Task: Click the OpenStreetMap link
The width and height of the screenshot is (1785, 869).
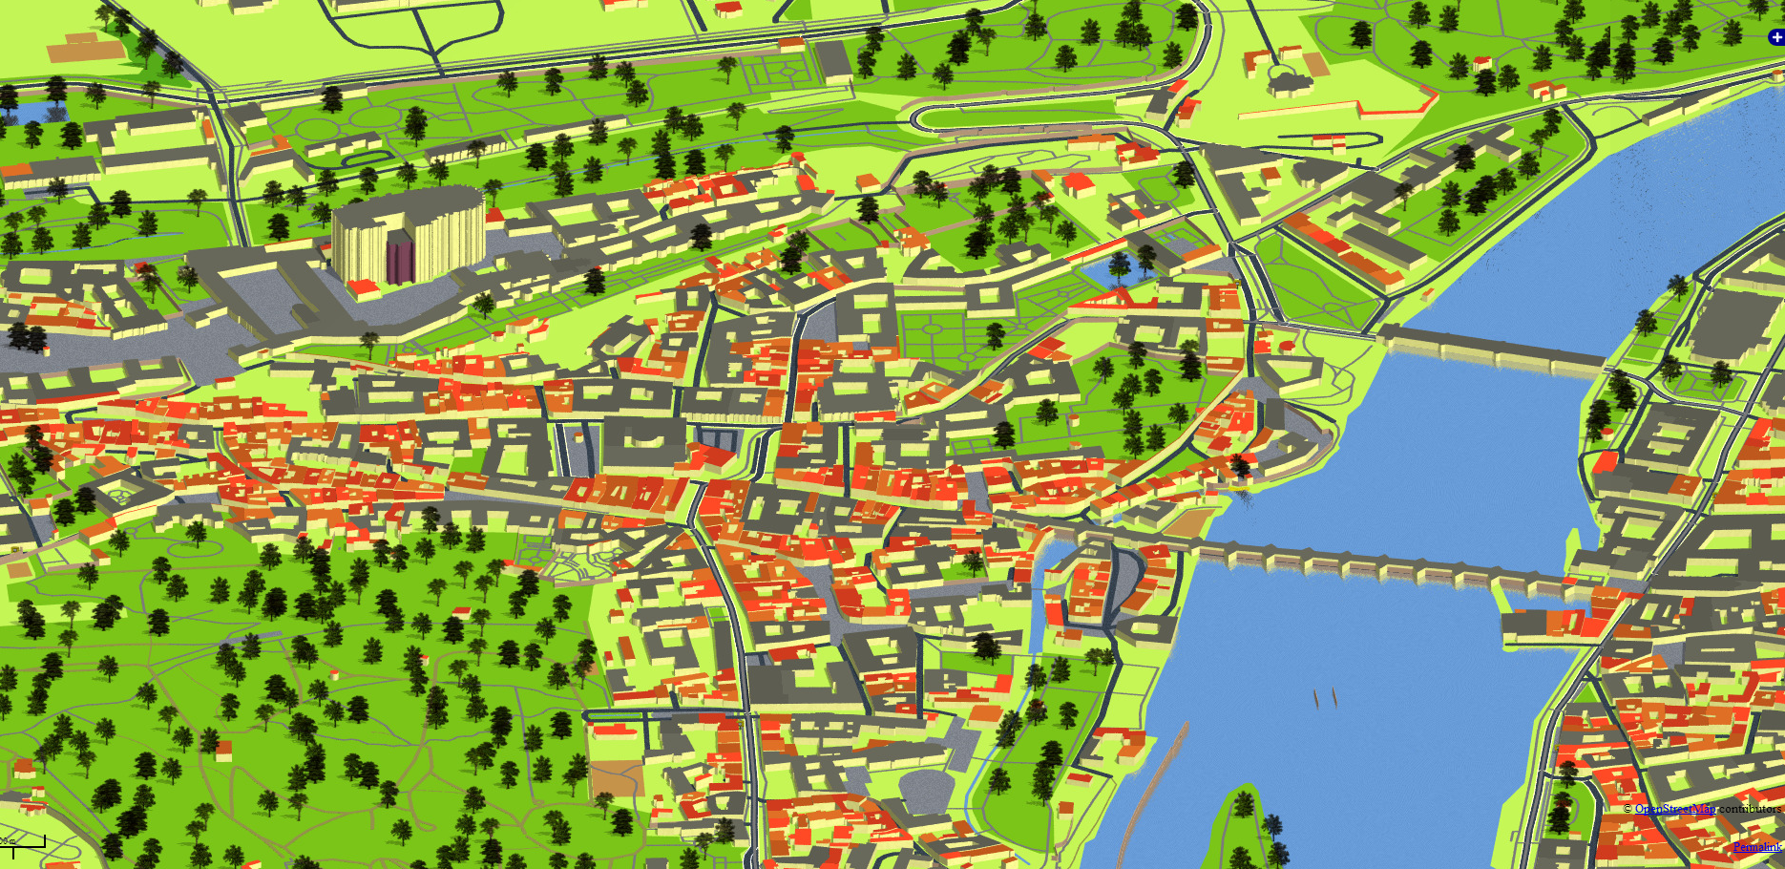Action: (x=1674, y=809)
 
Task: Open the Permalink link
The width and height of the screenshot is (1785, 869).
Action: (x=1756, y=847)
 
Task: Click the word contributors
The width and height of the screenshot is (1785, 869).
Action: (x=1750, y=809)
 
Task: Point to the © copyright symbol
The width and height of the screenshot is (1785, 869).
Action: (x=1627, y=810)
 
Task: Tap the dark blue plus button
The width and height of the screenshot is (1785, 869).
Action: (x=1776, y=37)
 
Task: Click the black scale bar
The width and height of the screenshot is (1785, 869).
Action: (x=23, y=844)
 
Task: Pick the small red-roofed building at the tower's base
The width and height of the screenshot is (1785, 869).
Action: (x=363, y=287)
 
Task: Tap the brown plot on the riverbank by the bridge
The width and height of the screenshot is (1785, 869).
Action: (x=1186, y=522)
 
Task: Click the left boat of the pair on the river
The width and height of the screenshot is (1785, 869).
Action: (x=1316, y=699)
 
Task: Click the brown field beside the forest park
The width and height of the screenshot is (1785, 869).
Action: (x=616, y=778)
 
